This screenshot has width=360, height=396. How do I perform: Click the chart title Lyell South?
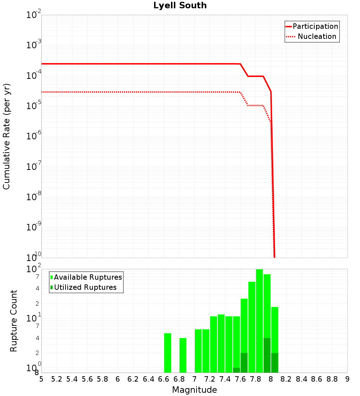pyautogui.click(x=180, y=6)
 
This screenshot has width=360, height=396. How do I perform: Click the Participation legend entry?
pyautogui.click(x=315, y=26)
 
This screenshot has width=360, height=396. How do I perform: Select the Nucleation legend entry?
pyautogui.click(x=316, y=37)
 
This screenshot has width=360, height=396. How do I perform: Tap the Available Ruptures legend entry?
pyautogui.click(x=88, y=277)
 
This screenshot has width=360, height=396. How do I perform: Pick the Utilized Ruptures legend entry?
pyautogui.click(x=85, y=287)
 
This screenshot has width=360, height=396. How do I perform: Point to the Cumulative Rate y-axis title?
pyautogui.click(x=6, y=136)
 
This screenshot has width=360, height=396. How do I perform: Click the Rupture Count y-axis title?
pyautogui.click(x=14, y=320)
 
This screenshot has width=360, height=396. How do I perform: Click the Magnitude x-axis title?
pyautogui.click(x=194, y=390)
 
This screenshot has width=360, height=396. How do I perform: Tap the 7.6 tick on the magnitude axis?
pyautogui.click(x=240, y=379)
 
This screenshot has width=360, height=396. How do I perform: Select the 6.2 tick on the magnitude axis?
pyautogui.click(x=133, y=379)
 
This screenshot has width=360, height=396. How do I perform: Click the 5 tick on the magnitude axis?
pyautogui.click(x=41, y=379)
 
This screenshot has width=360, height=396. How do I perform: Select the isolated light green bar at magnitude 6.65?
pyautogui.click(x=167, y=353)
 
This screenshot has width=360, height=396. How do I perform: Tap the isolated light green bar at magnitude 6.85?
pyautogui.click(x=183, y=355)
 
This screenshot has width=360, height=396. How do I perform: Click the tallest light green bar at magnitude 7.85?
pyautogui.click(x=259, y=320)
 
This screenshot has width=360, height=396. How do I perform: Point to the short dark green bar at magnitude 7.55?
pyautogui.click(x=237, y=370)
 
